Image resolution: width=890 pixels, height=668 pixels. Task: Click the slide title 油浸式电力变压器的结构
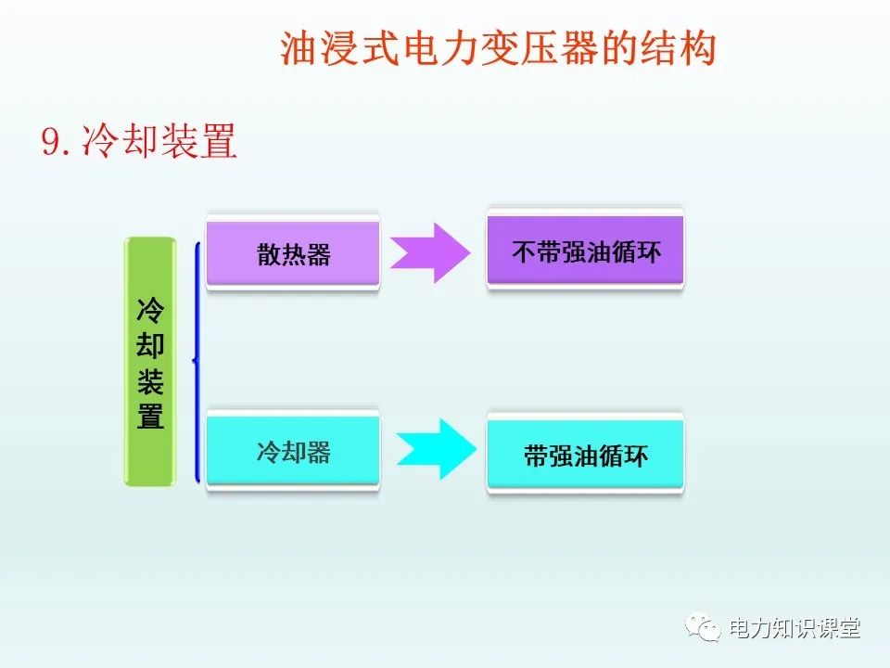point(498,49)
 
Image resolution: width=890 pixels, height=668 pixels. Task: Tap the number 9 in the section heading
point(52,143)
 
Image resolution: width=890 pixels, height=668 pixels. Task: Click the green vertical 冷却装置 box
point(149,362)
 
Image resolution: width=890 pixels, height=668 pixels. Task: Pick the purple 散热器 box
point(293,254)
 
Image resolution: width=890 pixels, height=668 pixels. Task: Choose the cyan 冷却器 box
point(293,452)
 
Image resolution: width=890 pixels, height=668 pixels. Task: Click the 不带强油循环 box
point(585,251)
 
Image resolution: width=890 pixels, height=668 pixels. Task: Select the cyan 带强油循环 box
point(585,456)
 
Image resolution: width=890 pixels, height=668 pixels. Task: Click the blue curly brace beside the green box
point(196,362)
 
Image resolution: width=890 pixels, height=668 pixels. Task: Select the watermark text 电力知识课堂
point(795,628)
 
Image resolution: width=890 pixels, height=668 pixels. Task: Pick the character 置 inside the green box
point(150,417)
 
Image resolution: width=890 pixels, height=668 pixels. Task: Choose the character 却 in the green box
point(150,345)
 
